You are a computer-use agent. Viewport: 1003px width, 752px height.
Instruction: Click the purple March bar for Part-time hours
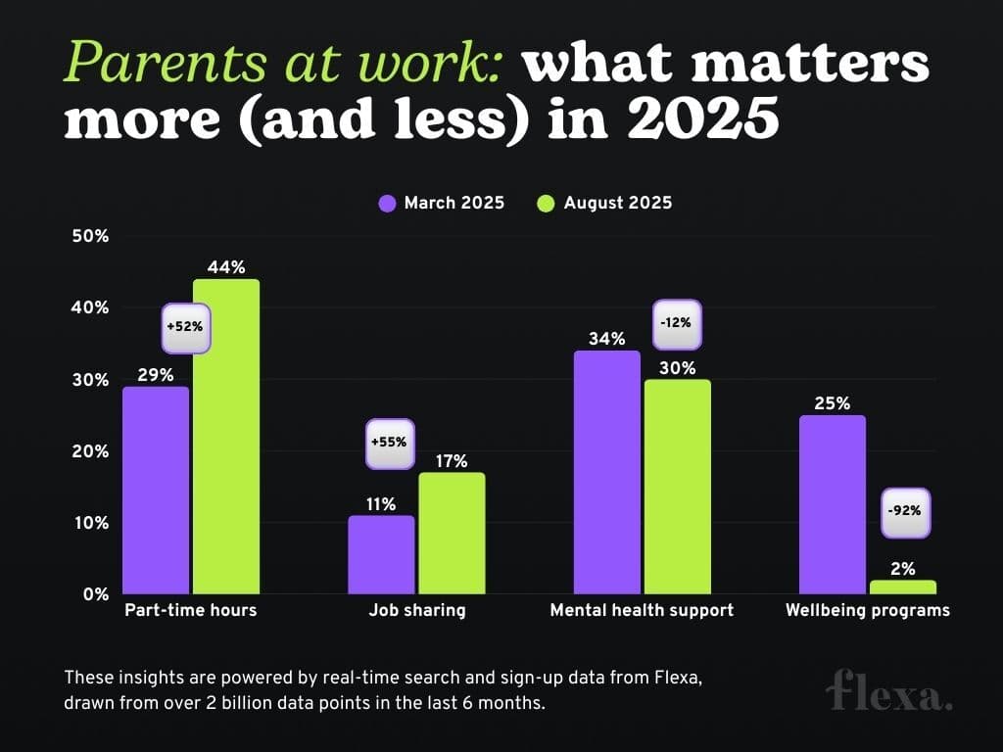tap(156, 490)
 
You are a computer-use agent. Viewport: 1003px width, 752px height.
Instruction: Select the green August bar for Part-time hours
tap(226, 437)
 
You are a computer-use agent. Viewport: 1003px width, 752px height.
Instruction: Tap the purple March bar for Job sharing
tap(381, 554)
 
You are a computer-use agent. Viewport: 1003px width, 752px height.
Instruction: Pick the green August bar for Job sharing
tap(452, 533)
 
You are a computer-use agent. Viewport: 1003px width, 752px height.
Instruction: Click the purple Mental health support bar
tap(606, 472)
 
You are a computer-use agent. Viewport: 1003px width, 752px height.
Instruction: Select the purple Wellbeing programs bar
tap(833, 504)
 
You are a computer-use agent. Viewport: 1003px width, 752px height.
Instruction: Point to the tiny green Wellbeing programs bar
tap(903, 587)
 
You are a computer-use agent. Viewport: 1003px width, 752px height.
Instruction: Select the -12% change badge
tap(678, 324)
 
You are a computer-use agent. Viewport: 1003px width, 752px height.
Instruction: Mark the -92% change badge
tap(903, 512)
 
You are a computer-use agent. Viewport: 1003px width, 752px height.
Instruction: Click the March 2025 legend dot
tap(387, 204)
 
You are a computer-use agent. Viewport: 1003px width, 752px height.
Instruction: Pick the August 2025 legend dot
tap(547, 204)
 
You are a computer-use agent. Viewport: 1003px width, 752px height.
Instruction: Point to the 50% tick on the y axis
tap(88, 236)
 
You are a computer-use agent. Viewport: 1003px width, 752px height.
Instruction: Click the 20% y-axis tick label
tap(88, 451)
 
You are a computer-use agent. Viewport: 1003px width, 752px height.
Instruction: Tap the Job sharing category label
tap(417, 611)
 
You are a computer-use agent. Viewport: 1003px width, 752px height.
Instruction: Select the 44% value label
tap(226, 266)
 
